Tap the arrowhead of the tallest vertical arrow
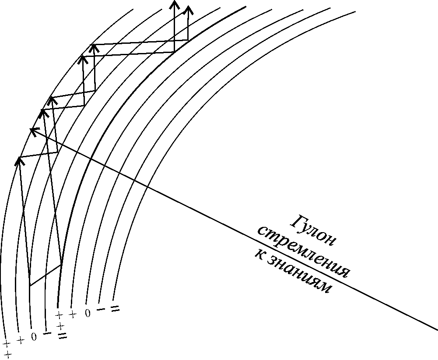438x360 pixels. click(x=174, y=5)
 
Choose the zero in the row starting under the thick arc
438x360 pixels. click(x=88, y=313)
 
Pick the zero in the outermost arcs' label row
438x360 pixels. click(x=34, y=337)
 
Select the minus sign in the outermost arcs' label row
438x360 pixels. click(x=47, y=334)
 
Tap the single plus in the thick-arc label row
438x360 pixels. click(x=73, y=314)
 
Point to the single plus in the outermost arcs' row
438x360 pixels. click(x=20, y=340)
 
